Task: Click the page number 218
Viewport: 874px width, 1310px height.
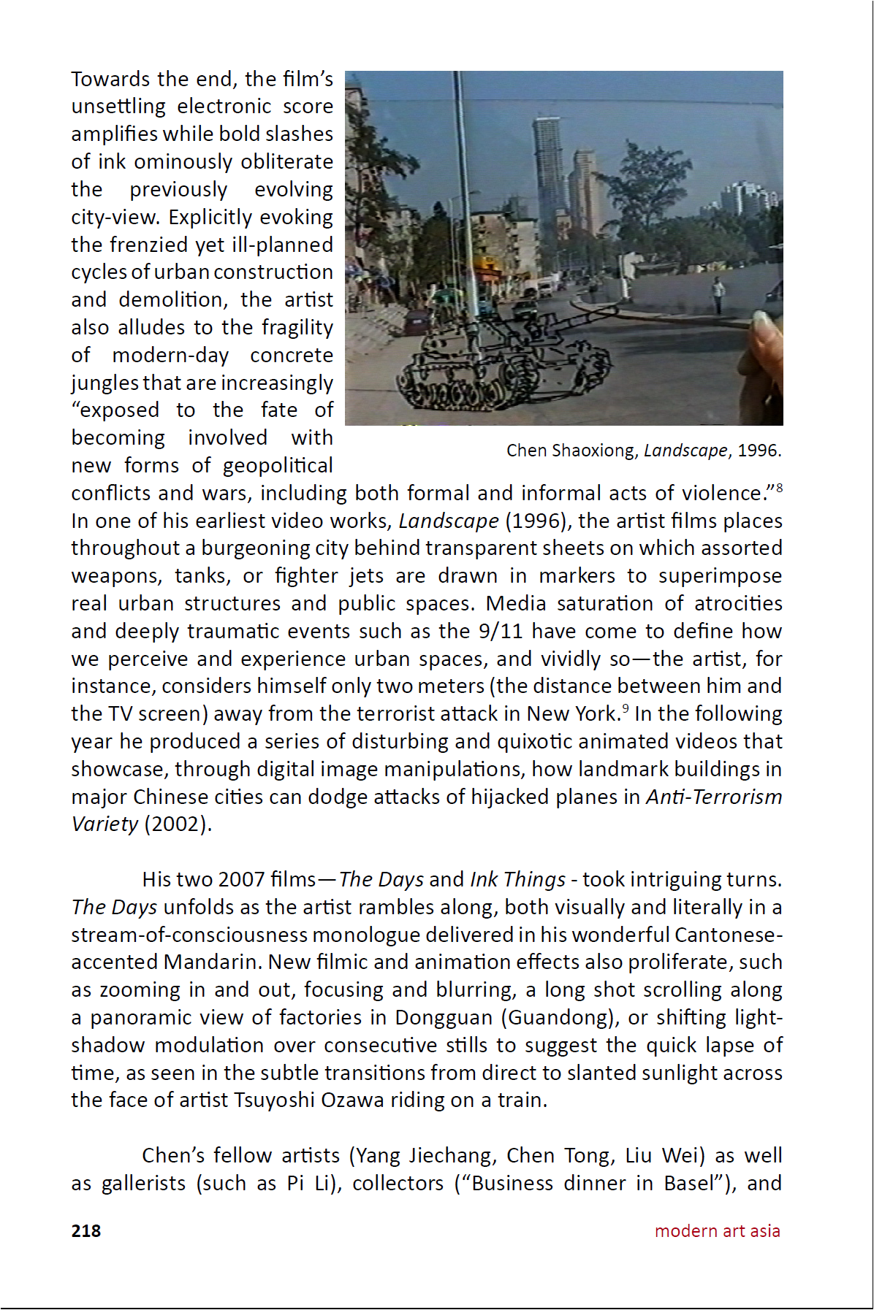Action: pyautogui.click(x=85, y=1230)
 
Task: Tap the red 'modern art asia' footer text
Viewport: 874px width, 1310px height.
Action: pyautogui.click(x=717, y=1230)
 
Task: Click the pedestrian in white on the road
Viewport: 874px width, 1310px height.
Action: pyautogui.click(x=718, y=295)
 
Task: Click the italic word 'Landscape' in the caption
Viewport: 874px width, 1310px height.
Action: pyautogui.click(x=685, y=451)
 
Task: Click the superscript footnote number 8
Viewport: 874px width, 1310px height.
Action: pyautogui.click(x=779, y=487)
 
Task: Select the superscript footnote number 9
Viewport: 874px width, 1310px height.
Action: pyautogui.click(x=625, y=708)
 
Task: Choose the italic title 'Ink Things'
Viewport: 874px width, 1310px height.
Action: pyautogui.click(x=517, y=879)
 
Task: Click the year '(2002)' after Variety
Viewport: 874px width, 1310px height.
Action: pyautogui.click(x=178, y=824)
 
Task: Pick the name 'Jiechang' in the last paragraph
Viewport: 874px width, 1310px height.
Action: pyautogui.click(x=452, y=1156)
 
